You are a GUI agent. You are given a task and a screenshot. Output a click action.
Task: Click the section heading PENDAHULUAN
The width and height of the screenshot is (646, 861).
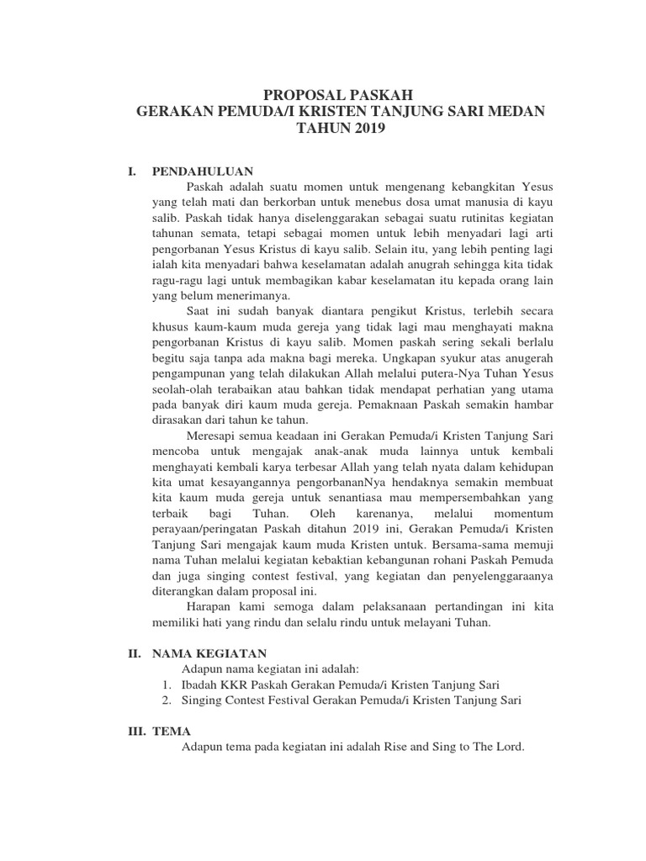(x=202, y=170)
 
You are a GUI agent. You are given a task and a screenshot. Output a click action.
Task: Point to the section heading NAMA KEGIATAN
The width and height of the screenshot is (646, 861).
(x=209, y=652)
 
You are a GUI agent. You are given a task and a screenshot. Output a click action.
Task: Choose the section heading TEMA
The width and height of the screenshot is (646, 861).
(x=172, y=732)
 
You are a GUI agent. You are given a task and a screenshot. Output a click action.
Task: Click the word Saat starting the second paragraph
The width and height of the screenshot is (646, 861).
(x=200, y=311)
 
